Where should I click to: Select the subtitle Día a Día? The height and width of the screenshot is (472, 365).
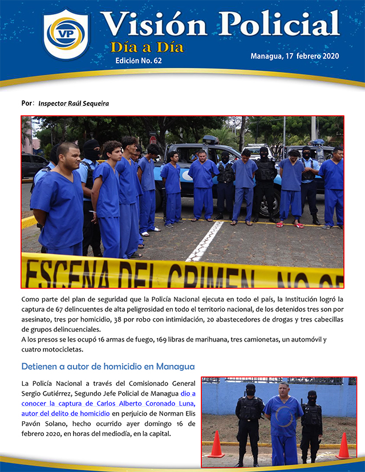point(147,47)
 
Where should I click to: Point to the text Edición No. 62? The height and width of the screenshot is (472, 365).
point(139,60)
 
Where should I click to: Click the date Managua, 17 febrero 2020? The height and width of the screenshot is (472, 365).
point(294,56)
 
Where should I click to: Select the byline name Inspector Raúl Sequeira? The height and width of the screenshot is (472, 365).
point(74,104)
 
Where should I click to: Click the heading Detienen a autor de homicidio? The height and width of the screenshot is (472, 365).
point(108,366)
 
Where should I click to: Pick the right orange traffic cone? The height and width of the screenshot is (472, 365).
point(343,445)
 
